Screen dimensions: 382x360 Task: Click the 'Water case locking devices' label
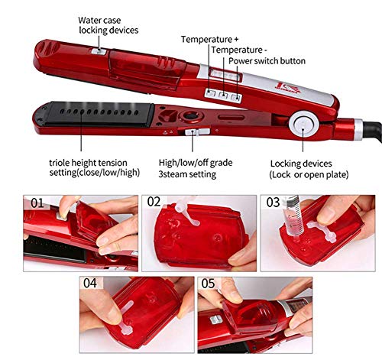[108, 25]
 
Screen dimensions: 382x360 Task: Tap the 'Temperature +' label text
[209, 40]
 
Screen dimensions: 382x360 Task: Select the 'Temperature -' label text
[239, 50]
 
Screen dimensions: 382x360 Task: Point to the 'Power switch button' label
[267, 61]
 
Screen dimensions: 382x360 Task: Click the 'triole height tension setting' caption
[95, 167]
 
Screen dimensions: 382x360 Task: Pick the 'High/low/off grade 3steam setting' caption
[196, 168]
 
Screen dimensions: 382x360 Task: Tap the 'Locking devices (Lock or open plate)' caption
[309, 169]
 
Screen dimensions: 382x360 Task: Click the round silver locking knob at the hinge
[303, 125]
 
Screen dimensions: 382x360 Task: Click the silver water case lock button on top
[99, 51]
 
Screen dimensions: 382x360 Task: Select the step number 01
[37, 203]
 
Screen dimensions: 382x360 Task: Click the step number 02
[154, 202]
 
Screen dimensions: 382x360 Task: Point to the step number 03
[273, 203]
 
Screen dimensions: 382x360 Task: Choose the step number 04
[90, 283]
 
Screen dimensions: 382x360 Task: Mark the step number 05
[208, 284]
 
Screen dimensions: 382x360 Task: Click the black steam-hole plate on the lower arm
[99, 113]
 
